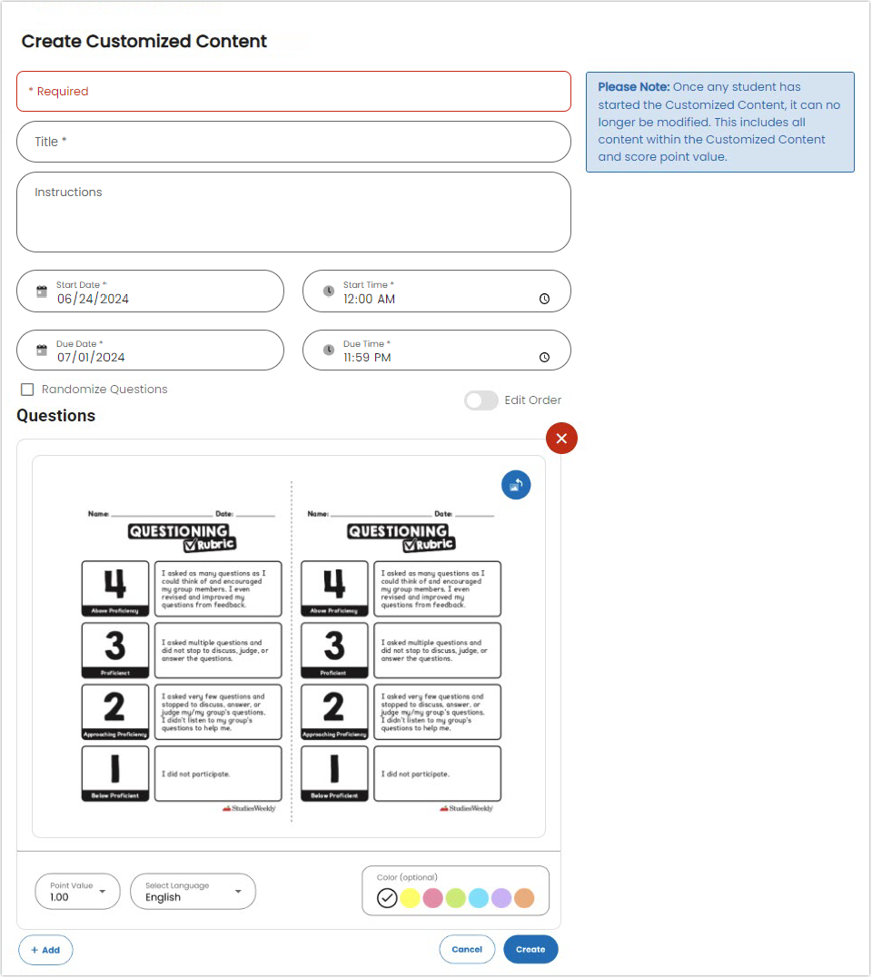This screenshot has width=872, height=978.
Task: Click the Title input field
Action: coord(293,142)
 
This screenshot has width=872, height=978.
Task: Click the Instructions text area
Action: coord(293,212)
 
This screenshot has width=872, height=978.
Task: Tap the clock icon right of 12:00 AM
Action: coord(544,299)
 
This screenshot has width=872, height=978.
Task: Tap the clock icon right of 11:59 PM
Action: coord(544,358)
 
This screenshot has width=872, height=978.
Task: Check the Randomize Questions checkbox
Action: coord(27,390)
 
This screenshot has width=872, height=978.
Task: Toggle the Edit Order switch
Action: coord(481,400)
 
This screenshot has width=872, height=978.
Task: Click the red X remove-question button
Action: coord(561,439)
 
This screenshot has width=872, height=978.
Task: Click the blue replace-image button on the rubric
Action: coord(516,485)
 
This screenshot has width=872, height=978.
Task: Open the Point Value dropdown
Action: coord(77,892)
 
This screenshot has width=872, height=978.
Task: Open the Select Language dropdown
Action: coord(193,892)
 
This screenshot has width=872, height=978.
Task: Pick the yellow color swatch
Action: coord(410,898)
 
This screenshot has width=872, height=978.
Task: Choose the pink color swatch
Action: coord(432,898)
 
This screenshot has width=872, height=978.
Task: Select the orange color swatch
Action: coord(524,898)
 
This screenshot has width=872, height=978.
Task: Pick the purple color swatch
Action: coord(501,898)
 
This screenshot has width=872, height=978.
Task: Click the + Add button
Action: coord(45,950)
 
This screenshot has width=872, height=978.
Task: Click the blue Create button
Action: coord(530,949)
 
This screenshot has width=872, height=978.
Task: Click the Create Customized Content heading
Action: coord(144,41)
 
